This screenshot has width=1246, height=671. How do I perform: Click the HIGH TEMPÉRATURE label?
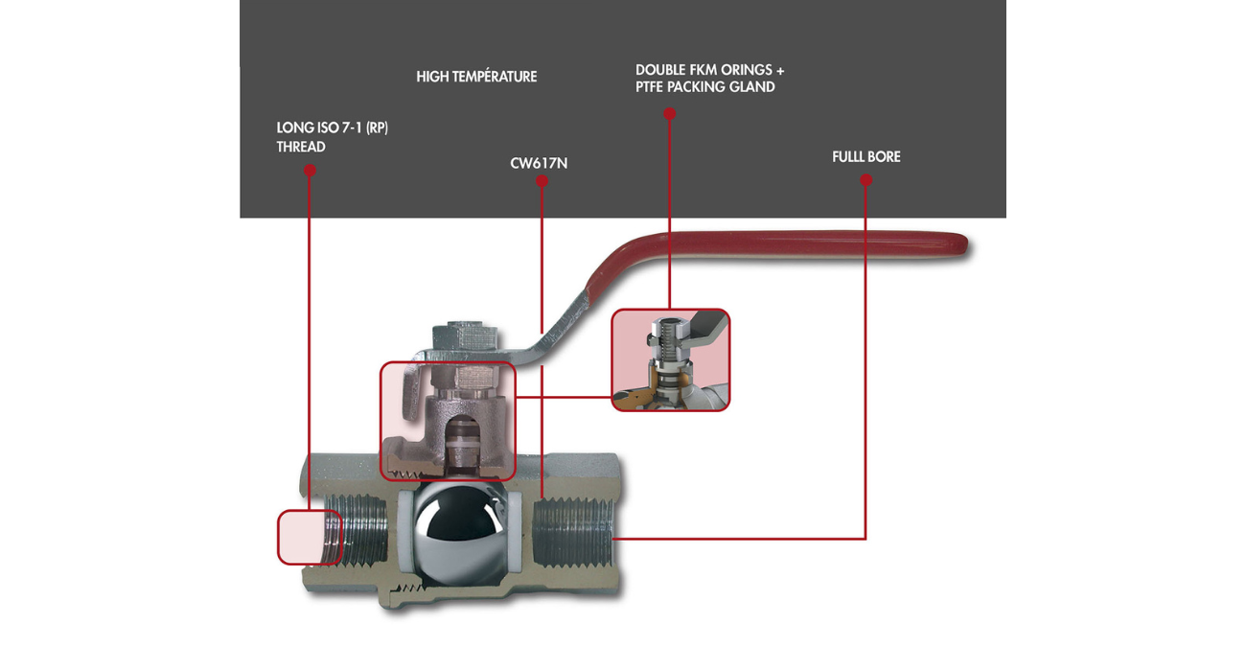click(x=476, y=77)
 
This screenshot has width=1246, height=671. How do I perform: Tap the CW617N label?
click(x=539, y=164)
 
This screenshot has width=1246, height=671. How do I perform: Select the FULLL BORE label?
click(x=866, y=156)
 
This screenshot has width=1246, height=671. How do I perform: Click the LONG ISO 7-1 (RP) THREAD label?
click(x=332, y=137)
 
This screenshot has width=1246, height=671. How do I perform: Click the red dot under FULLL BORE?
click(x=866, y=180)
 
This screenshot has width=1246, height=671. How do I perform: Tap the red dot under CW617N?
click(x=542, y=181)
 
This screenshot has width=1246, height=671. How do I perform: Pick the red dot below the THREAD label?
click(x=310, y=171)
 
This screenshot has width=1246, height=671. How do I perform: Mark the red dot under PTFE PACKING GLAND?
click(x=670, y=114)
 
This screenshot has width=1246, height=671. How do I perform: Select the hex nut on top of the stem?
click(x=463, y=336)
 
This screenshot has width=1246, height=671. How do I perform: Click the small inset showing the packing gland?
click(x=671, y=360)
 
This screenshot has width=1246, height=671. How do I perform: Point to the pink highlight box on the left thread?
click(x=310, y=537)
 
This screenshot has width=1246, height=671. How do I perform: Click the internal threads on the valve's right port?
click(x=570, y=537)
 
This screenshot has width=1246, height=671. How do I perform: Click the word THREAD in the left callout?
click(x=301, y=147)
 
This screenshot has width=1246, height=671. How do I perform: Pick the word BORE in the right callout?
click(x=884, y=156)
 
